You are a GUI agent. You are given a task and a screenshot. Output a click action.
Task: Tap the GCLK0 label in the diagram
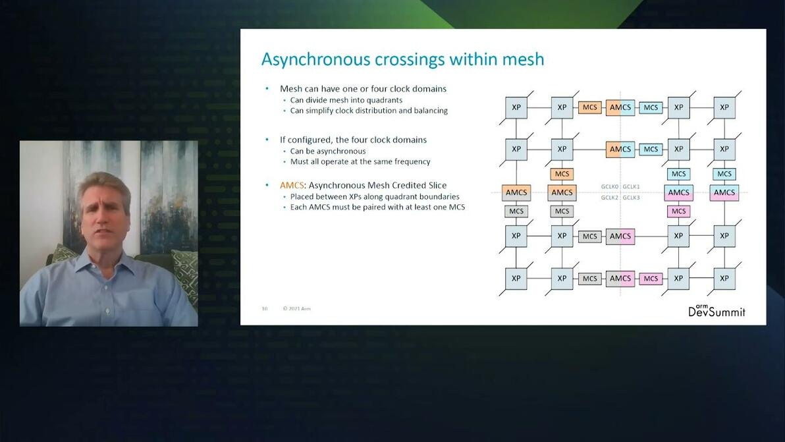pos(610,186)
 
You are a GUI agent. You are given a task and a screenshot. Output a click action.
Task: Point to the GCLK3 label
pos(632,198)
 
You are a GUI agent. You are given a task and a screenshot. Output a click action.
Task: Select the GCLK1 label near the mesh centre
pos(632,186)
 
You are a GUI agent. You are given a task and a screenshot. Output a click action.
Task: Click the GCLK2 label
pos(610,198)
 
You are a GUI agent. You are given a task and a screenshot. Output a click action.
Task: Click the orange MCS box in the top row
pos(589,107)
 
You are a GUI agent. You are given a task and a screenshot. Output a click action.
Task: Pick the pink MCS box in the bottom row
pos(651,279)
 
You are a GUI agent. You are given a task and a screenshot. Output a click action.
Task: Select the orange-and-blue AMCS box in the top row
pos(620,107)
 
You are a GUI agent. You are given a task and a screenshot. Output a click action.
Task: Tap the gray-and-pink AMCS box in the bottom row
pos(620,279)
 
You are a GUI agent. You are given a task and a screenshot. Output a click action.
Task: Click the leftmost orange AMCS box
pos(516,192)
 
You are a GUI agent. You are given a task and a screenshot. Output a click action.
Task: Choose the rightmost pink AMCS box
pos(724,192)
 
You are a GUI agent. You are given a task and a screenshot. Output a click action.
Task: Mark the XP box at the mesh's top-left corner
pos(516,107)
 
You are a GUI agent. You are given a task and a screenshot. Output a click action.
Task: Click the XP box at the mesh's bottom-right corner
pos(724,279)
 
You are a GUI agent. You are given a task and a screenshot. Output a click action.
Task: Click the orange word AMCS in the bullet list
pos(292,185)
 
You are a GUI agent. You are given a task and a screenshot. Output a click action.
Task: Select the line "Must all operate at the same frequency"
pos(360,161)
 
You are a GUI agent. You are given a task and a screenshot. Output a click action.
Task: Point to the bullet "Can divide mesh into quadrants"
pos(346,100)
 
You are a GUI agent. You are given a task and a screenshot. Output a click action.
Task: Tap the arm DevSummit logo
pos(717,311)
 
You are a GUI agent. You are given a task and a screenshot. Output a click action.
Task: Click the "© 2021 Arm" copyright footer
pos(296,308)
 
